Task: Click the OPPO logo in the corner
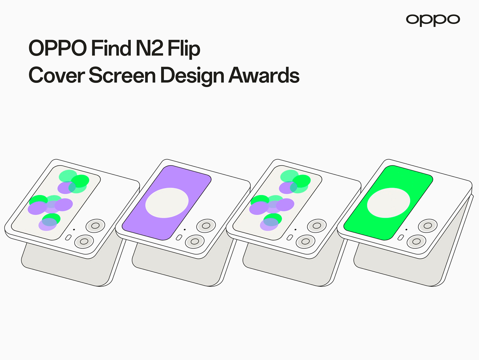[x=433, y=20]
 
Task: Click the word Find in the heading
[x=111, y=48]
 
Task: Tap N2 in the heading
[x=149, y=48]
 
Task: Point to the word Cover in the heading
[x=56, y=75]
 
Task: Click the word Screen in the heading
[x=122, y=75]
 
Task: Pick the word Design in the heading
[x=192, y=76]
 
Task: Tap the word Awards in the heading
[x=264, y=75]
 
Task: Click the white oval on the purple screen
[x=167, y=203]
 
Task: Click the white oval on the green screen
[x=389, y=203]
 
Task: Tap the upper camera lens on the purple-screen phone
[x=206, y=226]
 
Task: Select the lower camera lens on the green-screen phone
[x=416, y=241]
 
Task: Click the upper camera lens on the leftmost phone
[x=95, y=226]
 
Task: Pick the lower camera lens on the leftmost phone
[x=84, y=241]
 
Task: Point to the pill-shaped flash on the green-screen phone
[x=401, y=238]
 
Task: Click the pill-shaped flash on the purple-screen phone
[x=179, y=238]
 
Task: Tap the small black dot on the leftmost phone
[x=74, y=230]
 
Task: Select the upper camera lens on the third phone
[x=317, y=226]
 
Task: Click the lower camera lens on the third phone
[x=305, y=241]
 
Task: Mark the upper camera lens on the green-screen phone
[x=428, y=226]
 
